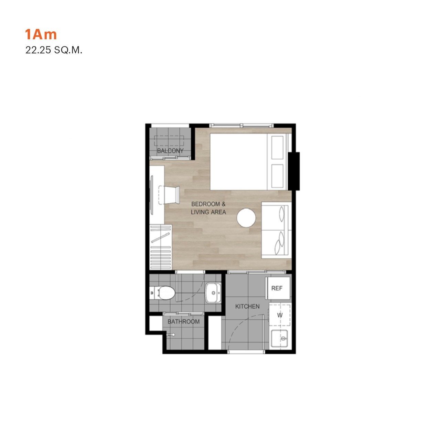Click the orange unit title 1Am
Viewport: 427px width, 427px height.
41,34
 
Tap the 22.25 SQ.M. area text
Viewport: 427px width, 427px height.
54,50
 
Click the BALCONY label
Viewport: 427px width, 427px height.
170,151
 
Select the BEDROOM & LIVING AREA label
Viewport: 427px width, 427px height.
208,208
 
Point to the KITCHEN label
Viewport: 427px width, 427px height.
247,307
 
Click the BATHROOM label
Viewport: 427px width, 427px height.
183,321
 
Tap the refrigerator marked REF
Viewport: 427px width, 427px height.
278,288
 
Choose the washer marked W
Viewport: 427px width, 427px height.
280,315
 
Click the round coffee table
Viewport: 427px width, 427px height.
246,217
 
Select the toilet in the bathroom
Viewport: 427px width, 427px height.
162,293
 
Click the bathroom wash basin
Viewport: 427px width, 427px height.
213,293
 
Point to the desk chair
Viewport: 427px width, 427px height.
169,195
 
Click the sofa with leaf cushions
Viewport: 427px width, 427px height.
276,230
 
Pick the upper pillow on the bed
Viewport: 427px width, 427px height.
277,148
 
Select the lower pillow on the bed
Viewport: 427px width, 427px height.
277,176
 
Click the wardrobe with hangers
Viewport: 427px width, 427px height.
161,247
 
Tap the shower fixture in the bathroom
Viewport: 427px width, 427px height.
171,334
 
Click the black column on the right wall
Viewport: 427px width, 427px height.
294,171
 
